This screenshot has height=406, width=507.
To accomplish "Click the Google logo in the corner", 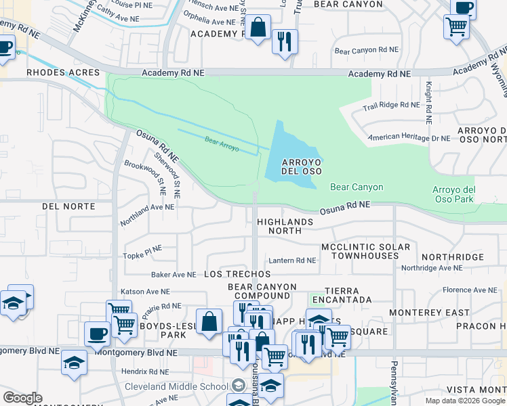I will [22, 398].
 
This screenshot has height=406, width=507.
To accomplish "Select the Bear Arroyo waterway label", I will [222, 143].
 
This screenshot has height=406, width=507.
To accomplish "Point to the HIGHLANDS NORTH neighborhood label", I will [285, 226].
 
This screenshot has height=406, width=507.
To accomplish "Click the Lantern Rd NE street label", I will [292, 261].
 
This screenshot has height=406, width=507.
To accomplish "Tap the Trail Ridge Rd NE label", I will [391, 105].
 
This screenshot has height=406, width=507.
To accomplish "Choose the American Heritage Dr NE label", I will [409, 138].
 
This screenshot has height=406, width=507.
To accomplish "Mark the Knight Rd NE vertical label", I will [428, 102].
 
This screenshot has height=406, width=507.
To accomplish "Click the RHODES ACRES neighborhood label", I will [63, 72].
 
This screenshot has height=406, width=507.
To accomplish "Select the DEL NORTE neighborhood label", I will [68, 206].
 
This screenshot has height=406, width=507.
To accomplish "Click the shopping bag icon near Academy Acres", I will [258, 29].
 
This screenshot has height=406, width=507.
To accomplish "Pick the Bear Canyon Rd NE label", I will [367, 51].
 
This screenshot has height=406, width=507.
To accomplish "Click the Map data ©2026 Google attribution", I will [464, 401].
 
